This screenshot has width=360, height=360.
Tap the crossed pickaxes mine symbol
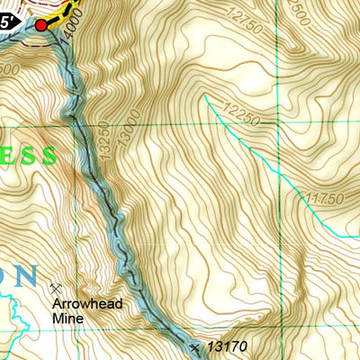pyautogui.click(x=55, y=288)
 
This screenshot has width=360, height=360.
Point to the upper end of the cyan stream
pyautogui.click(x=206, y=94)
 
